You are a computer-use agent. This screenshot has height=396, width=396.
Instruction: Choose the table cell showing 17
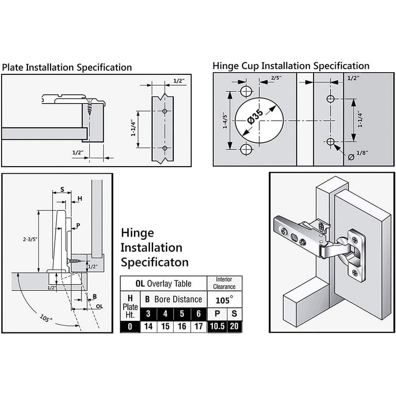(197, 326)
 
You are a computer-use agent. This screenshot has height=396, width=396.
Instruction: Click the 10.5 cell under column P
(217, 326)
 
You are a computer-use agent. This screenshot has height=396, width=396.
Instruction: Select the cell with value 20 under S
(235, 326)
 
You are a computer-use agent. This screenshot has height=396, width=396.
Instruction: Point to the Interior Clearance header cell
(225, 283)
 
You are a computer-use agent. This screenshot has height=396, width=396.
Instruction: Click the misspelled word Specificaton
(155, 262)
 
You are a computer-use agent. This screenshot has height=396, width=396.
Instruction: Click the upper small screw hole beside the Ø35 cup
(246, 92)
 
